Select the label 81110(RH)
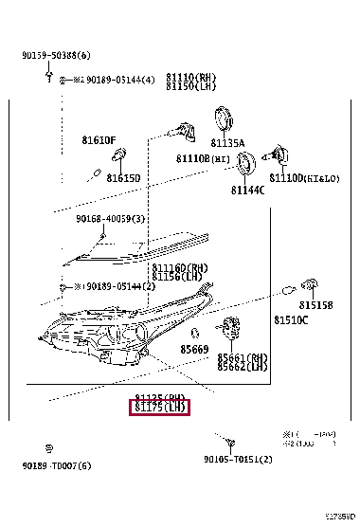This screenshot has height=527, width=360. tap(191, 76)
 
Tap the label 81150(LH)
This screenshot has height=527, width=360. tap(191, 86)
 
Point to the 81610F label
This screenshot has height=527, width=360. tap(98, 140)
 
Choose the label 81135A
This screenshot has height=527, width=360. tap(227, 143)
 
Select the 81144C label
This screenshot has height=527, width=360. tap(247, 190)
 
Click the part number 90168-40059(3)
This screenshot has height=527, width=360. tap(110, 219)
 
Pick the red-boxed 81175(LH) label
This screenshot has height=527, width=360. tap(160, 409)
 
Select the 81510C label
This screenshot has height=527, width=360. tap(291, 321)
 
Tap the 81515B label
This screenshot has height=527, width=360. tap(315, 305)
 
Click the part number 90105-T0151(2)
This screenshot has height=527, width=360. tap(238, 460)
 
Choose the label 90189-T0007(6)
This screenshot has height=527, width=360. tap(58, 465)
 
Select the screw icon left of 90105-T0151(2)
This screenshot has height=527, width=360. tap(230, 441)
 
